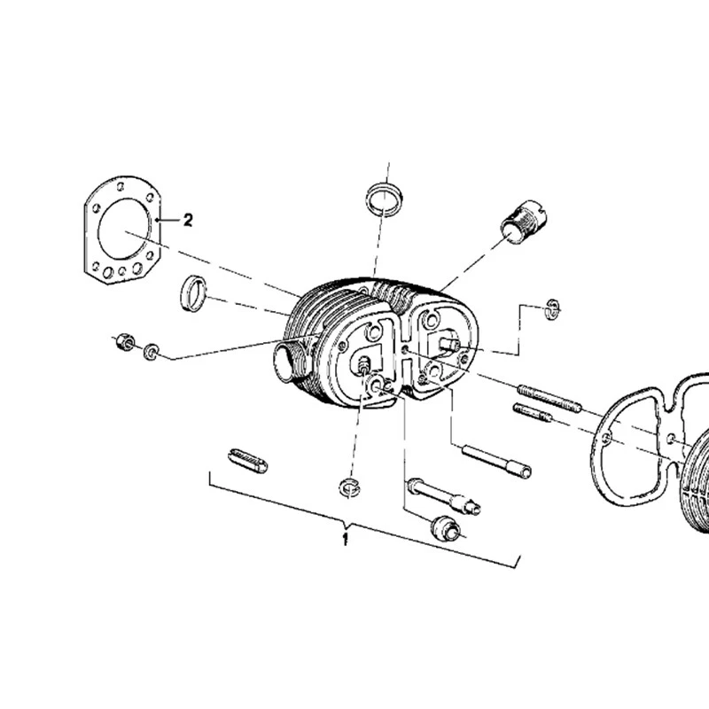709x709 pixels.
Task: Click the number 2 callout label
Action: (187, 220)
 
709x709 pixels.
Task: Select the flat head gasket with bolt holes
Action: (124, 233)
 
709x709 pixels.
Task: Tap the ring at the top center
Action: (385, 196)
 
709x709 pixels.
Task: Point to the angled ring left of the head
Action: (194, 294)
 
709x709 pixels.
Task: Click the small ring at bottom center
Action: (351, 486)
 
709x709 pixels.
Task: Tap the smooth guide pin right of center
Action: (496, 459)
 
